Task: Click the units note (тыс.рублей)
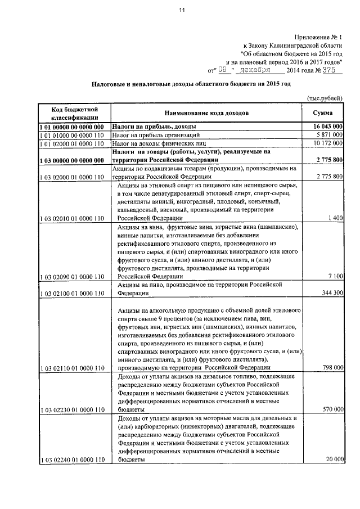pos(325,98)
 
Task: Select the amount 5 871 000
pos(330,136)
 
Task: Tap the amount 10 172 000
pos(328,144)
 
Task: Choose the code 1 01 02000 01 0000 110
pos(73,144)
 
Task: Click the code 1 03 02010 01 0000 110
pos(73,218)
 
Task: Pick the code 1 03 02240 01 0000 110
pos(73,460)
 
